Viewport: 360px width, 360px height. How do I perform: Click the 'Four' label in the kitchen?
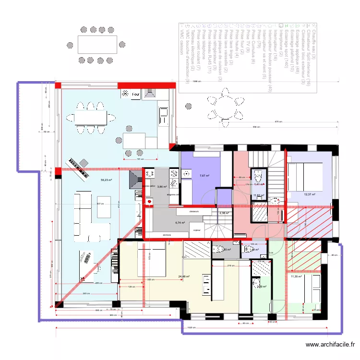coord(136,95)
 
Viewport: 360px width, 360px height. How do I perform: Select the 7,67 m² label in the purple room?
coord(204,176)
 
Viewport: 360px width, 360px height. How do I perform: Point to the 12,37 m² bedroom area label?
coord(310,194)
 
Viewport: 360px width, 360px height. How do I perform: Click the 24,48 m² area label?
coord(184,276)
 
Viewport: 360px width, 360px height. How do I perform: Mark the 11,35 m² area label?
coord(296,276)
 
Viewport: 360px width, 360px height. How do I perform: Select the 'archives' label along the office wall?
coord(167,235)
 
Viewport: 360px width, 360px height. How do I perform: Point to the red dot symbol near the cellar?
coord(148,202)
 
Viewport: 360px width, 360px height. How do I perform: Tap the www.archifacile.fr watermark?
coord(331,345)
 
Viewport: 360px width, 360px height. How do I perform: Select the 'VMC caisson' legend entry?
coord(181,38)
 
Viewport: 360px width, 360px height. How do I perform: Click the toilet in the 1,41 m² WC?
coord(259,175)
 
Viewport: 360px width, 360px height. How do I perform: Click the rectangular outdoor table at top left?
coord(97,46)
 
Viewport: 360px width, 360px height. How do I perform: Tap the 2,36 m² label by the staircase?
coord(224,214)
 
